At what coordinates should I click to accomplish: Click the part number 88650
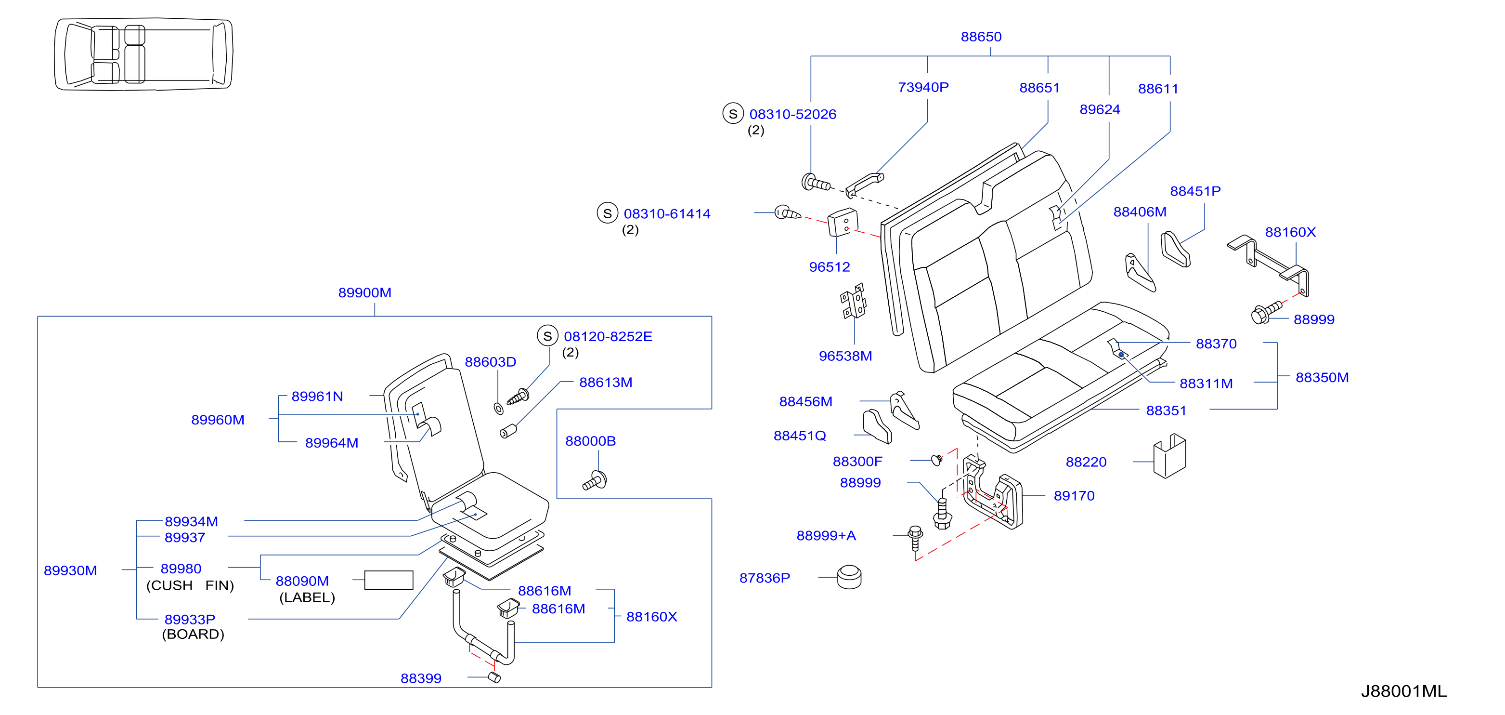[x=981, y=37]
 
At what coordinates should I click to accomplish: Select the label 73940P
[x=923, y=87]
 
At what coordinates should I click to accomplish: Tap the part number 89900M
[x=364, y=293]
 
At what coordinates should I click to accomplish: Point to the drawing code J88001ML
[x=1403, y=691]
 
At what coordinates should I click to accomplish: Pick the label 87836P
[x=764, y=578]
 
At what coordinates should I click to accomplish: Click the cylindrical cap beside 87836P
[x=849, y=577]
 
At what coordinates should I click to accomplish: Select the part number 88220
[x=1086, y=463]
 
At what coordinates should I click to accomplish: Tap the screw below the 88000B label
[x=595, y=480]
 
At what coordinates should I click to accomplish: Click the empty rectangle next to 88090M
[x=389, y=580]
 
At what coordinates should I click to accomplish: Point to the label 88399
[x=421, y=679]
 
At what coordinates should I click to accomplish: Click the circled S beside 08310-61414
[x=607, y=213]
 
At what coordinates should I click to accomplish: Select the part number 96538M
[x=845, y=356]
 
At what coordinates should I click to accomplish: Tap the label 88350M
[x=1322, y=378]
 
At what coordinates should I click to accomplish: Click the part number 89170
[x=1074, y=496]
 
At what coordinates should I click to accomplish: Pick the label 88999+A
[x=826, y=536]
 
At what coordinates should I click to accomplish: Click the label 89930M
[x=70, y=570]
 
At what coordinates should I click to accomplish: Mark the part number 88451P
[x=1195, y=191]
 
